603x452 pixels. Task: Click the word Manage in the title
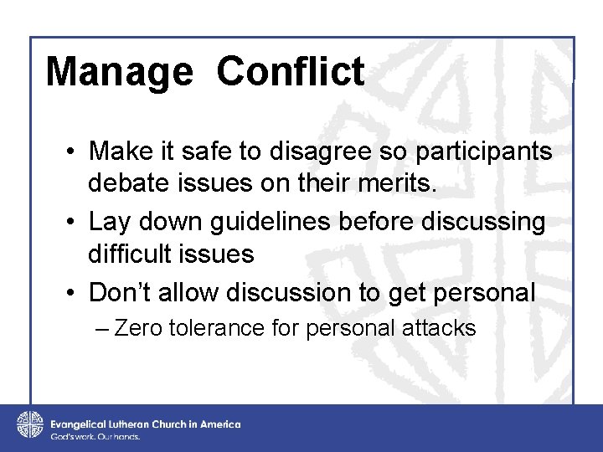point(118,72)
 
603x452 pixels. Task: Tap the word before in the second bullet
point(401,223)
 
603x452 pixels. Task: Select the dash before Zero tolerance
point(103,328)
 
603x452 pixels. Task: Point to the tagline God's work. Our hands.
point(95,437)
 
